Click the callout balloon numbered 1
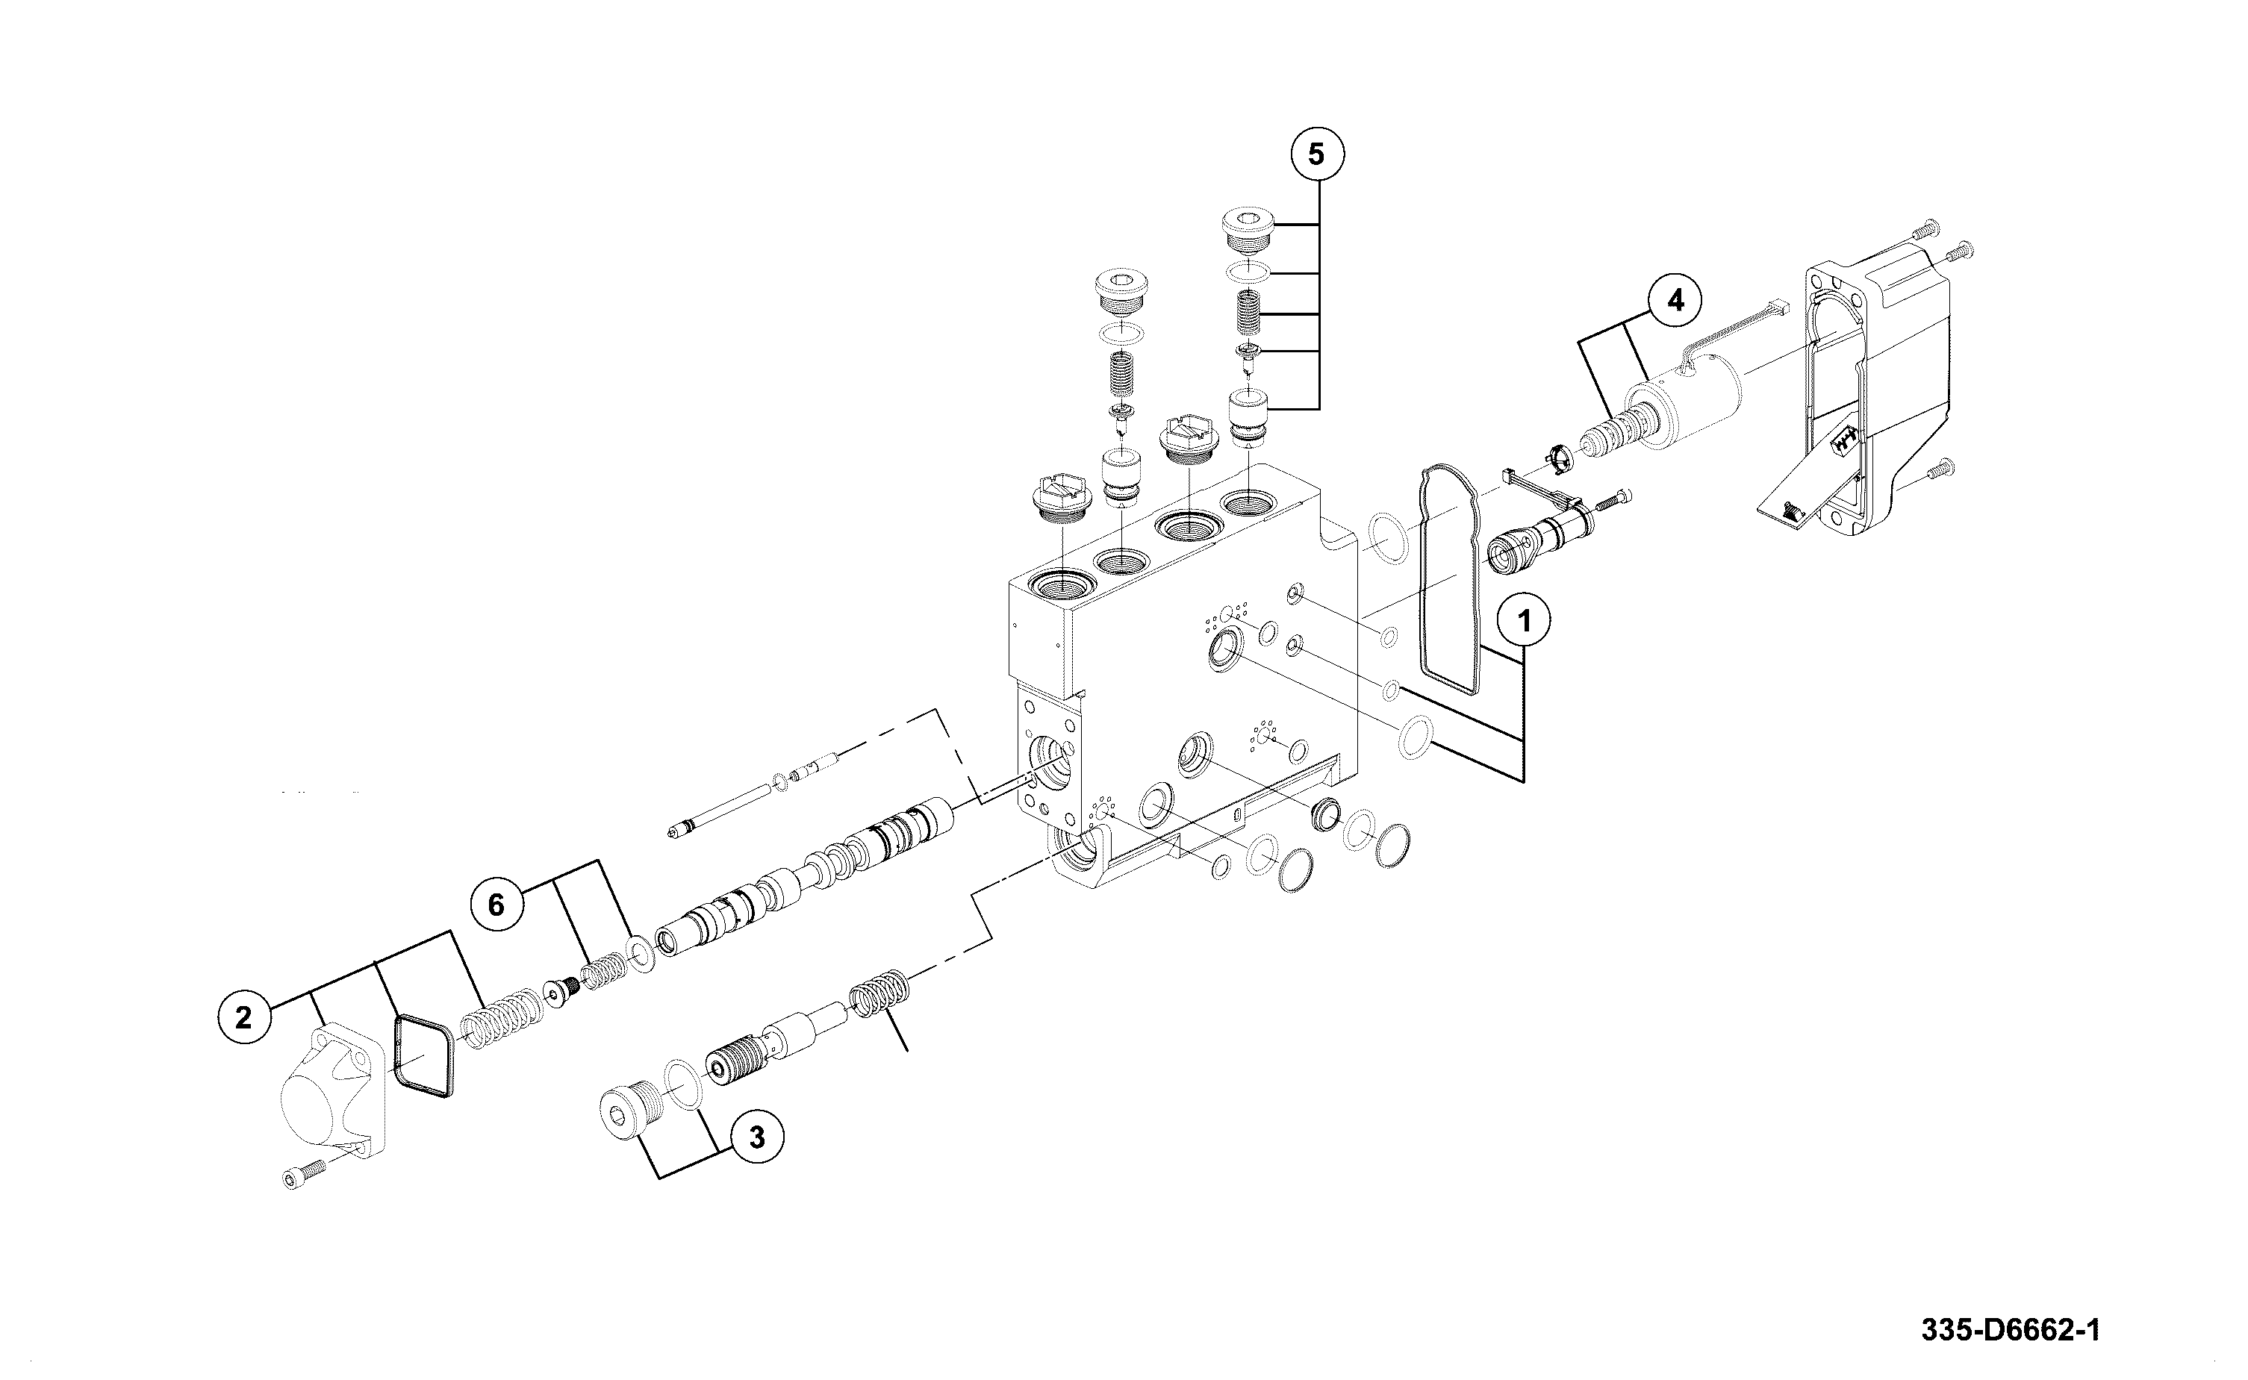tap(1522, 622)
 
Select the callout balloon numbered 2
tap(243, 1017)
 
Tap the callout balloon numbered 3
tap(756, 1137)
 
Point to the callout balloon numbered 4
tap(1675, 300)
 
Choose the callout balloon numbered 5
tap(1316, 154)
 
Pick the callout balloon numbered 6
tap(496, 905)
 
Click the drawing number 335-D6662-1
tap(2010, 1330)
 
